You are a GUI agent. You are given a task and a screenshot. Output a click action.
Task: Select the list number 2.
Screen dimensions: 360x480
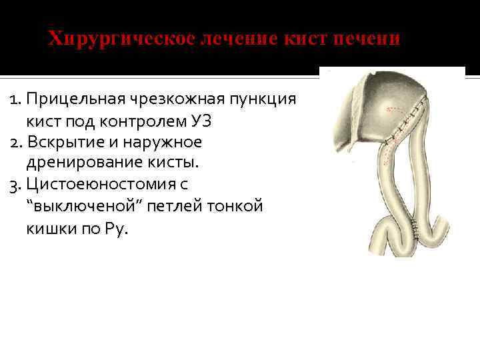coord(15,143)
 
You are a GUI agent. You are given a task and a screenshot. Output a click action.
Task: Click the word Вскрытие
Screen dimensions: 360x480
coord(61,143)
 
